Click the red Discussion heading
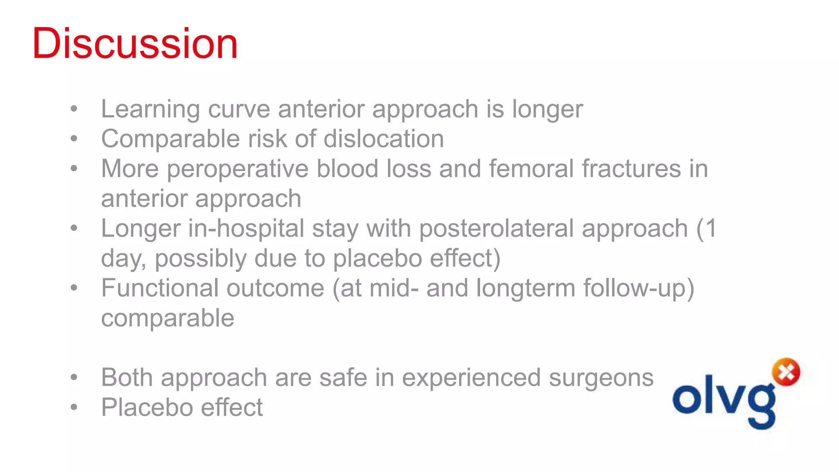pos(135,43)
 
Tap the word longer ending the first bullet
pos(547,110)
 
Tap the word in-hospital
pos(246,229)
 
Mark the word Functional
pos(160,288)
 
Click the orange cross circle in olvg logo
pos(786,372)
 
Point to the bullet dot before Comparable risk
pos(74,139)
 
